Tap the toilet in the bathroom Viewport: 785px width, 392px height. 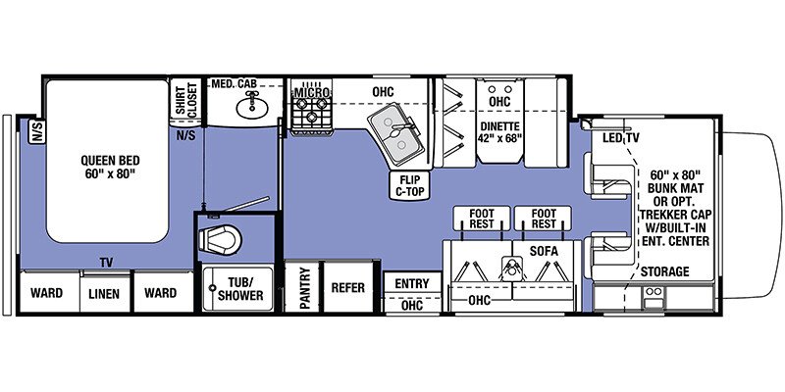pos(219,239)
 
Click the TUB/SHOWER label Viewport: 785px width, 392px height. pos(239,289)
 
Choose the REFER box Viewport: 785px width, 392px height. pos(348,287)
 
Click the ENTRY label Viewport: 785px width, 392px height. pos(412,283)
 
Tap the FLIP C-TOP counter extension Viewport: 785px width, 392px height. pos(409,185)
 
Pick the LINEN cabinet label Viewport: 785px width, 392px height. pos(104,293)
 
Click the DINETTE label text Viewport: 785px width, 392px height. pos(499,126)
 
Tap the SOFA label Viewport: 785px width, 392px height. pos(544,252)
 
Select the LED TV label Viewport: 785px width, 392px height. pos(620,138)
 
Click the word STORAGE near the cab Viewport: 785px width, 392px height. pos(665,271)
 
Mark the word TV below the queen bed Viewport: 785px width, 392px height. pos(106,262)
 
